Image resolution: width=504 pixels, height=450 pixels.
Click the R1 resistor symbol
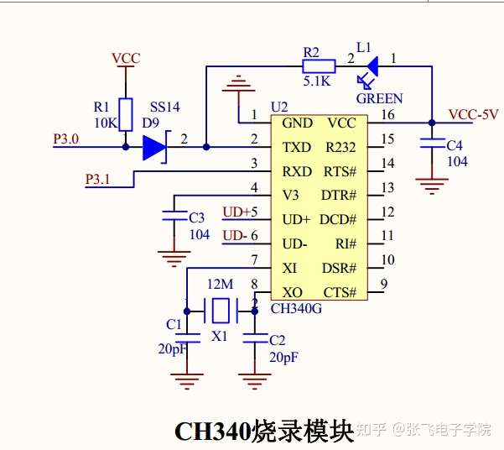tap(126, 114)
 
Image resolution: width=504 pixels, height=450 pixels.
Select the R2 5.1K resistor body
tap(319, 66)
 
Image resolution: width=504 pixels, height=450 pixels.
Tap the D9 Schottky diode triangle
tap(155, 148)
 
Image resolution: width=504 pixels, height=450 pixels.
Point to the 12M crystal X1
tap(221, 311)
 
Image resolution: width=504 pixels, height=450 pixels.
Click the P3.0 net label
tap(66, 139)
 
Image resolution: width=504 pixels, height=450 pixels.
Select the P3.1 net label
tap(97, 179)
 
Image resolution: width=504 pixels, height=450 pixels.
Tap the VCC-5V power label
tap(474, 114)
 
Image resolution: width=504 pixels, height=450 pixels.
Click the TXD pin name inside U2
tap(297, 148)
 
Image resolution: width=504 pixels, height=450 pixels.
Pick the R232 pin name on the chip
tap(340, 148)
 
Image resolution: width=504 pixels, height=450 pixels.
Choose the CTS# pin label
tap(340, 293)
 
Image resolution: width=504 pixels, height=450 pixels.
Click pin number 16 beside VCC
tap(388, 114)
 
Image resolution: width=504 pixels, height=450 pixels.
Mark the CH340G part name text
tap(296, 308)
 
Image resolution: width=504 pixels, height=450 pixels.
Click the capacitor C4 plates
tap(433, 144)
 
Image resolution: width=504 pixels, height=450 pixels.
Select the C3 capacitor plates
tap(174, 216)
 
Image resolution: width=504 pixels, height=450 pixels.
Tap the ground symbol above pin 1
tap(238, 84)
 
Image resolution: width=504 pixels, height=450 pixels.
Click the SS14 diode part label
tap(165, 107)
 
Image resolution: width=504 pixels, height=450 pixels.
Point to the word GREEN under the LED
tap(379, 98)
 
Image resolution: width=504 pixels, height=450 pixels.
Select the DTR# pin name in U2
tap(339, 196)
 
